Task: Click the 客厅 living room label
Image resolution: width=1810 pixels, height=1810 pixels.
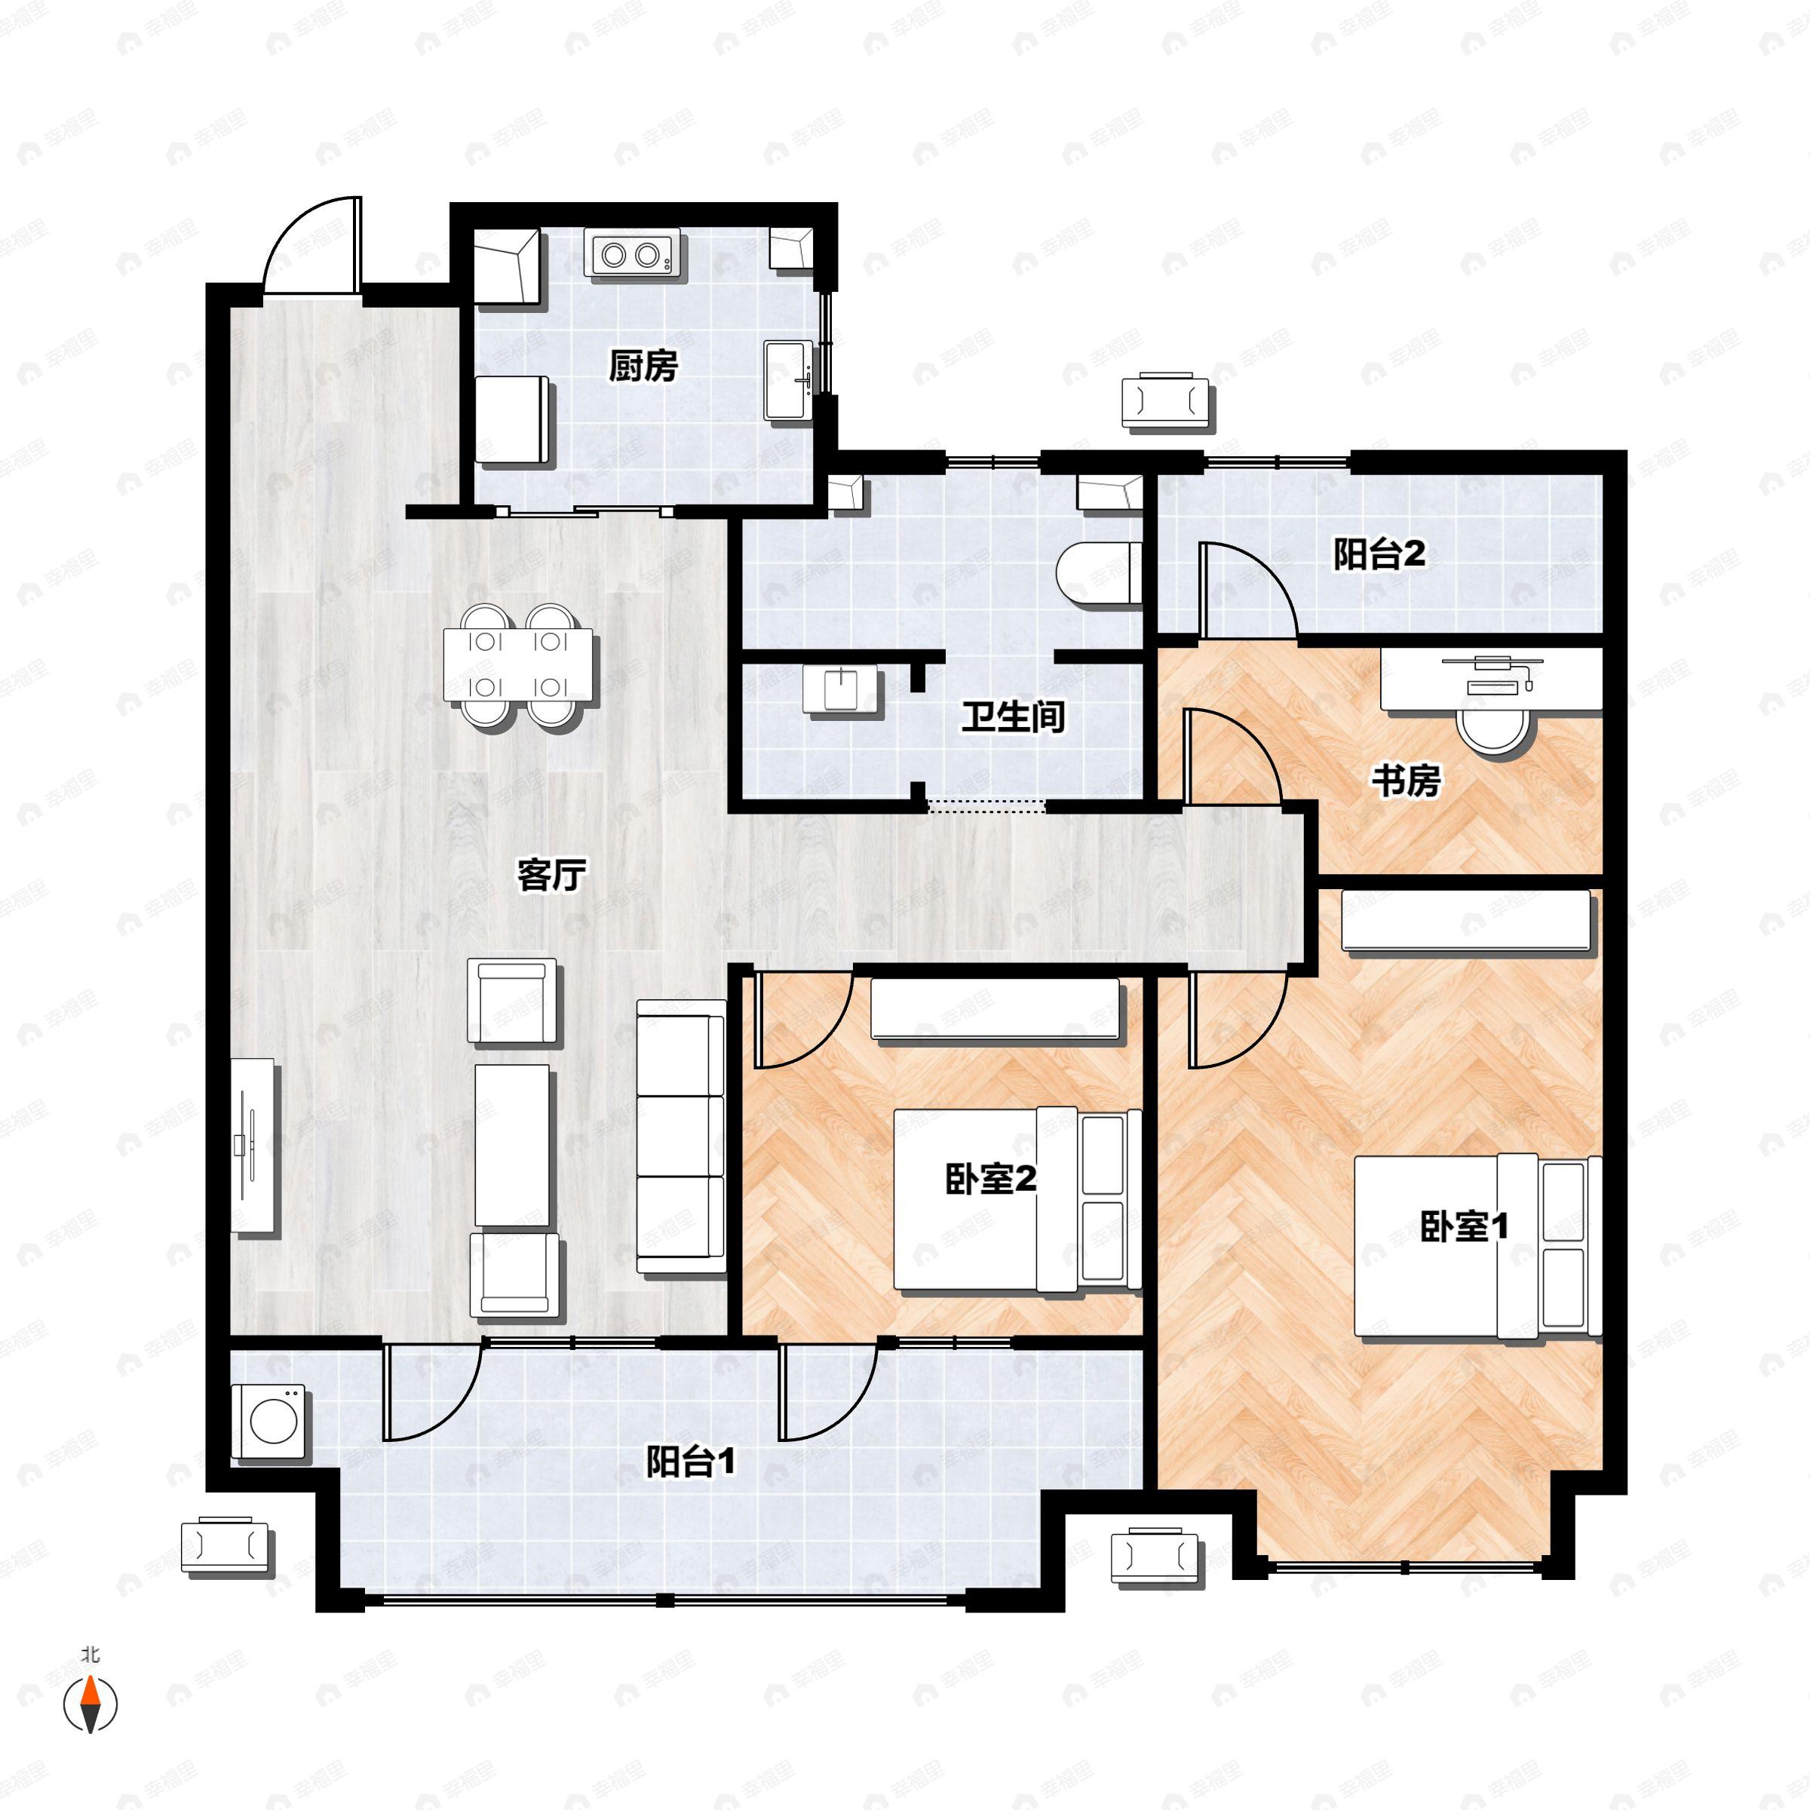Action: [552, 875]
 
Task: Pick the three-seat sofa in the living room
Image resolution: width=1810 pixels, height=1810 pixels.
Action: [681, 1136]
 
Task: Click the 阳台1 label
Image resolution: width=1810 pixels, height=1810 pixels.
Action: [691, 1461]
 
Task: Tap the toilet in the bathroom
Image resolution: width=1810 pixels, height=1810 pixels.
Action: [1098, 572]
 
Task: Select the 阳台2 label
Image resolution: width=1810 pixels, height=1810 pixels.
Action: [1379, 554]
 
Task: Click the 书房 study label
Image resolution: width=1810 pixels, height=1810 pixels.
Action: [1405, 780]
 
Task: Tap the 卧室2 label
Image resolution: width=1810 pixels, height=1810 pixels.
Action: [990, 1179]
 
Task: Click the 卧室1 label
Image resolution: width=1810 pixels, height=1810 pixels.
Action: [1463, 1226]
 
